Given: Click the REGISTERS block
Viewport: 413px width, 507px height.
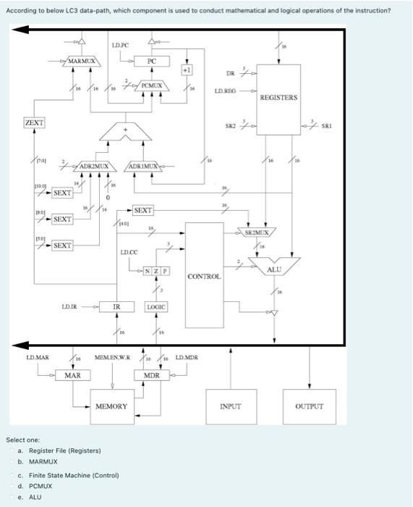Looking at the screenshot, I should point(278,97).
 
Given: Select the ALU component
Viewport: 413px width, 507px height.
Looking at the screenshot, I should point(274,269).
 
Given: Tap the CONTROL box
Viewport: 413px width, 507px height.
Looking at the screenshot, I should point(203,276).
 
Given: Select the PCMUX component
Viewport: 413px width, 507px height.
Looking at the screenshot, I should point(151,86).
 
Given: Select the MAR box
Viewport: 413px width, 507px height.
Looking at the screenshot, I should point(72,375).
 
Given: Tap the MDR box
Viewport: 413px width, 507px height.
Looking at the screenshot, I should point(151,375).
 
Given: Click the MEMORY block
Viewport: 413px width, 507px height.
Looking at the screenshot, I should point(112,406).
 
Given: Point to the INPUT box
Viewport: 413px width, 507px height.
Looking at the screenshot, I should point(230,406).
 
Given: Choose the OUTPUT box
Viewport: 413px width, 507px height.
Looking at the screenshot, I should point(310,406).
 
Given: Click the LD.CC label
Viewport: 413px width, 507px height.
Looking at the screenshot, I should point(129,252).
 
